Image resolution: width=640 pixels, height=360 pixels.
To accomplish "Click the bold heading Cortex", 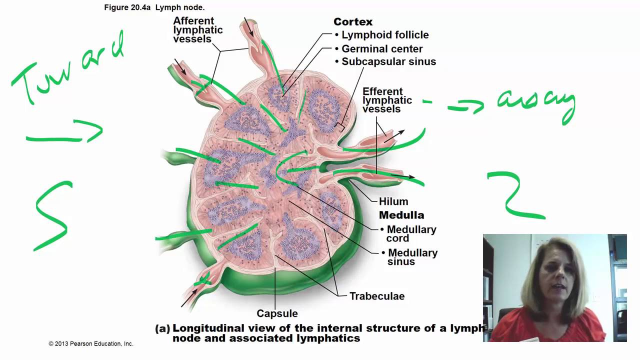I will pos(353,22).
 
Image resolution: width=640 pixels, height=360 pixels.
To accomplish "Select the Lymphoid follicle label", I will pos(384,35).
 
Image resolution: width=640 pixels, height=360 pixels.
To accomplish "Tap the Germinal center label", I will pos(381,49).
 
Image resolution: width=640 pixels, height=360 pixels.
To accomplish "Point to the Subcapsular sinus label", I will pos(388,61).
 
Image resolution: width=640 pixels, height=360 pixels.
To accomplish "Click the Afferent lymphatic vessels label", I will pos(198,29).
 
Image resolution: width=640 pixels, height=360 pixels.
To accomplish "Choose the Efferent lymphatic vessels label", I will pos(387,100).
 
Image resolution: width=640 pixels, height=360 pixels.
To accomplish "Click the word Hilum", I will pos(393,201).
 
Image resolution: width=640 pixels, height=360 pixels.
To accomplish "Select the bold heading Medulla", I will pos(401,215).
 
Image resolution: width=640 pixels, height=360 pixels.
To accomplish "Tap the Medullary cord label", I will pos(411,233).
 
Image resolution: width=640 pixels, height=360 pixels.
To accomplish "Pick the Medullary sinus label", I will pos(412,257).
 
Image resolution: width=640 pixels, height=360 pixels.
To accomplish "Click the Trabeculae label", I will pos(377,296).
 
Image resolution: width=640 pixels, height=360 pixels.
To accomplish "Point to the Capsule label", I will pos(277,313).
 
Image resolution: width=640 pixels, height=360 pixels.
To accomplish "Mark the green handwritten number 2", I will pos(515,195).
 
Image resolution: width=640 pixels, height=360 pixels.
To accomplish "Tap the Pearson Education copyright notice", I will pos(91,343).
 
